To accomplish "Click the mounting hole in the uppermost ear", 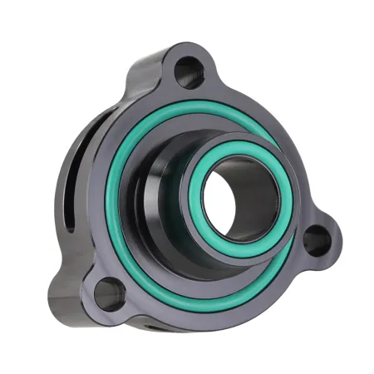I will point(190,71).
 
